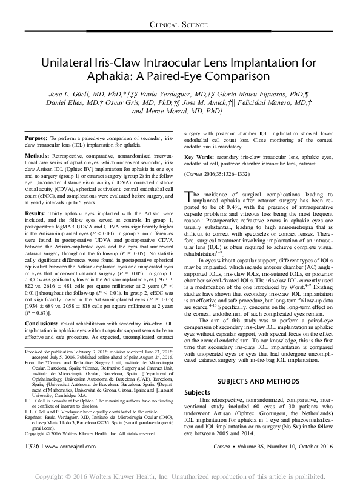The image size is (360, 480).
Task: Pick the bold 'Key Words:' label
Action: pyautogui.click(x=198, y=156)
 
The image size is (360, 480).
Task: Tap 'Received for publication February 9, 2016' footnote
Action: pyautogui.click(x=74, y=351)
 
